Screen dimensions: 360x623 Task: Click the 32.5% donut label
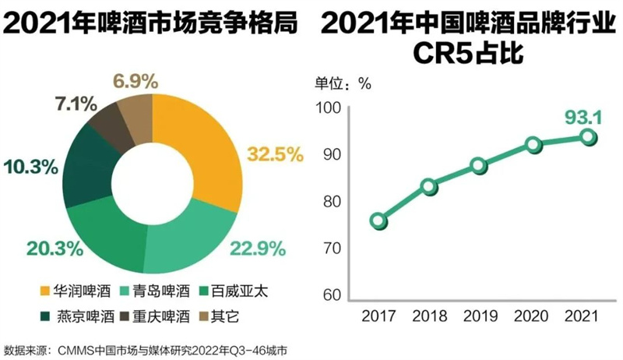[x=275, y=154]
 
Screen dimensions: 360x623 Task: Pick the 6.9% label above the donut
[x=136, y=80]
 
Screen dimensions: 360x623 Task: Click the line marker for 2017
[x=378, y=221]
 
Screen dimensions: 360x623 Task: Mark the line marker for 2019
[x=479, y=165]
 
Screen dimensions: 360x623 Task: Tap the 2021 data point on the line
[x=588, y=137]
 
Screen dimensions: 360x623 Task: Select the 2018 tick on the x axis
[x=428, y=317]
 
